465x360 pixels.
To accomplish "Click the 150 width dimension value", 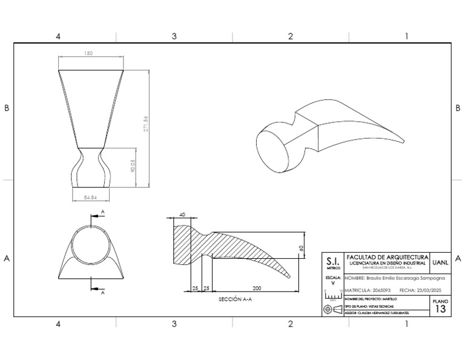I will [x=89, y=54].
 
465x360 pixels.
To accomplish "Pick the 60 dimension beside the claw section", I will [x=300, y=248].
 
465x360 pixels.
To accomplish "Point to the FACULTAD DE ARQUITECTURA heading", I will [x=386, y=257].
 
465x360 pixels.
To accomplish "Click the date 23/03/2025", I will [x=427, y=290].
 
